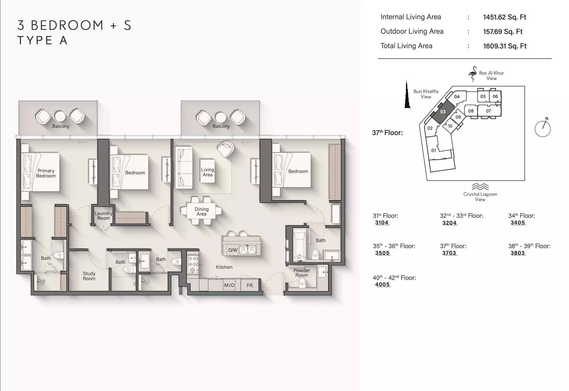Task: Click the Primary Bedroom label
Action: (x=46, y=173)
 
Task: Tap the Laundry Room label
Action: (x=103, y=216)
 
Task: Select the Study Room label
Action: (x=89, y=276)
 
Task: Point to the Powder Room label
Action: (x=301, y=273)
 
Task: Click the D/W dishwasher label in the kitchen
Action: (x=233, y=250)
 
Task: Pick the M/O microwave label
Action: (x=229, y=285)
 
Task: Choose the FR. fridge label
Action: (x=250, y=285)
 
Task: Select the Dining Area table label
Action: (x=201, y=211)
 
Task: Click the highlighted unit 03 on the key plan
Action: (x=443, y=112)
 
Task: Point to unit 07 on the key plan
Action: (x=488, y=111)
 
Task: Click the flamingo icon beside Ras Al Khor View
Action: (x=473, y=74)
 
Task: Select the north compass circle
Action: (x=543, y=129)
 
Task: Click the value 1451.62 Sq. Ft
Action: (x=505, y=17)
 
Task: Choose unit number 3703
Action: (x=449, y=253)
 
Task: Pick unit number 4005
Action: (x=382, y=284)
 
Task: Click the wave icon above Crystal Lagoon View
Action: (x=480, y=187)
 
